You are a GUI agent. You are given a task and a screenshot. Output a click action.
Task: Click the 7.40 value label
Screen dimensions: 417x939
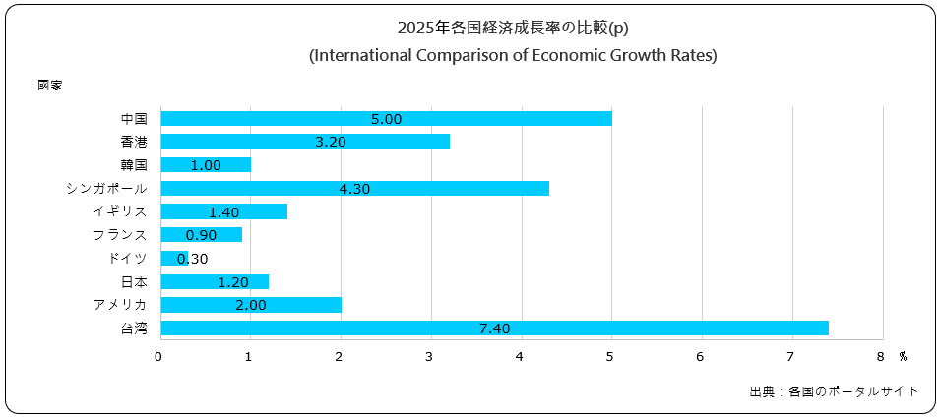[x=494, y=328]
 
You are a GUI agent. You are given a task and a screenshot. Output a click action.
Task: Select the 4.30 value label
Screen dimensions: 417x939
[x=354, y=188]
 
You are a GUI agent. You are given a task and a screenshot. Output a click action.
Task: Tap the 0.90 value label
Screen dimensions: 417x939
[x=201, y=235]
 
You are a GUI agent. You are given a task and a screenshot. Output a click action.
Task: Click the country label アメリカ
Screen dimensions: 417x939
[x=120, y=304]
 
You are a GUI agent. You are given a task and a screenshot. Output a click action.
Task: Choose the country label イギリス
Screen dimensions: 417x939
[x=120, y=211]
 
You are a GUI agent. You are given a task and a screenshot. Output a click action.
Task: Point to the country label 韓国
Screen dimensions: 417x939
[x=134, y=165]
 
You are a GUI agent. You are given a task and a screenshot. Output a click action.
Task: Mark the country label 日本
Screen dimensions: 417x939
[x=134, y=281]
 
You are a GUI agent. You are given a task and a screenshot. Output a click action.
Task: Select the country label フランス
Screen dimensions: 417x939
[x=120, y=235]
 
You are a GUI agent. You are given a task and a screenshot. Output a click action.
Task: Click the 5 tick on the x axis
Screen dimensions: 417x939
[x=611, y=356]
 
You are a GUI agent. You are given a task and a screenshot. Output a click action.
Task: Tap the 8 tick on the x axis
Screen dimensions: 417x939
[x=882, y=356]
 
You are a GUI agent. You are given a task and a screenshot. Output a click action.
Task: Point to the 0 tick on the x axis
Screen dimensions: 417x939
[x=159, y=356]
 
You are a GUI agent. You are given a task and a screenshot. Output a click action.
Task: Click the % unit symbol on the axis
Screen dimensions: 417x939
[x=902, y=356]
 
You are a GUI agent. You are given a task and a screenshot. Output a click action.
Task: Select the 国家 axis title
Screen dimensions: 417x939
[x=50, y=86]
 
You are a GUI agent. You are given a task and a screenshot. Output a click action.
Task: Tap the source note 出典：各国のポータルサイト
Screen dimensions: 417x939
[x=834, y=391]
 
